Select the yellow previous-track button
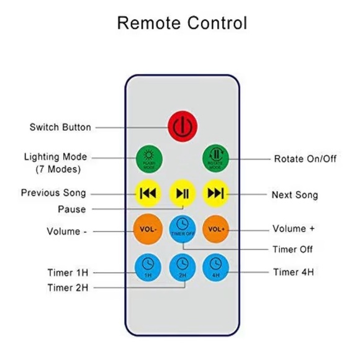pos(148,193)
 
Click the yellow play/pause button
pos(182,193)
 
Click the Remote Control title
pos(182,24)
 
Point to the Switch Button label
pos(60,127)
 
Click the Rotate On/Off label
pos(305,159)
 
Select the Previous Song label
pos(53,193)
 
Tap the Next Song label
pos(294,195)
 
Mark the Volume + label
pos(294,229)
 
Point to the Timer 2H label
pos(68,287)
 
